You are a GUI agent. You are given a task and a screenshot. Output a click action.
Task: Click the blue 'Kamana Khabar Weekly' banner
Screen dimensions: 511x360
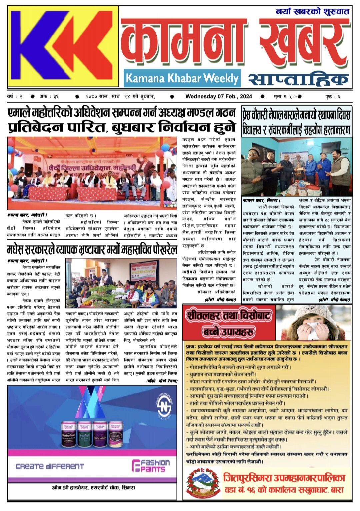pyautogui.click(x=182, y=78)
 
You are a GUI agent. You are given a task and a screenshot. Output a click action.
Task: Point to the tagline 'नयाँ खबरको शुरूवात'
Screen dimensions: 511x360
pyautogui.click(x=312, y=12)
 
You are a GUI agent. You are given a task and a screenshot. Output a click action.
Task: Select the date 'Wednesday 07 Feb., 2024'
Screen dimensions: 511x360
pyautogui.click(x=219, y=97)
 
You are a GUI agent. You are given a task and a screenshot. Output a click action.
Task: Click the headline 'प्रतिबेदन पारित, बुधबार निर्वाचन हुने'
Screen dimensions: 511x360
pyautogui.click(x=122, y=127)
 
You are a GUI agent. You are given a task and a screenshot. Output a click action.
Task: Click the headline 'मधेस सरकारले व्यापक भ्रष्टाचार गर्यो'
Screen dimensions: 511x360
pyautogui.click(x=92, y=250)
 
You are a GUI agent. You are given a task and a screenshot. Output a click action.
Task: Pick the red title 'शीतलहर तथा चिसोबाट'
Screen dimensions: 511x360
pyautogui.click(x=229, y=315)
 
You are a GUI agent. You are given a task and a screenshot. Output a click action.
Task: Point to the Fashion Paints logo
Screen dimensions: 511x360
pyautogui.click(x=151, y=466)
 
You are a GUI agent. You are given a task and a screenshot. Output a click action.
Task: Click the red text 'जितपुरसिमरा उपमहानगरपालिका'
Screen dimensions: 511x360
pyautogui.click(x=284, y=478)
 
